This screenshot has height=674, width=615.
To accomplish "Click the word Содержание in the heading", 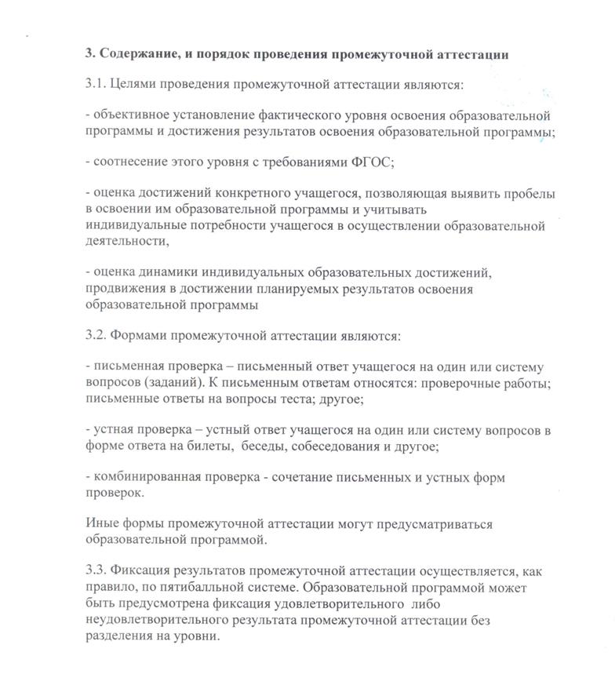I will pyautogui.click(x=137, y=54).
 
